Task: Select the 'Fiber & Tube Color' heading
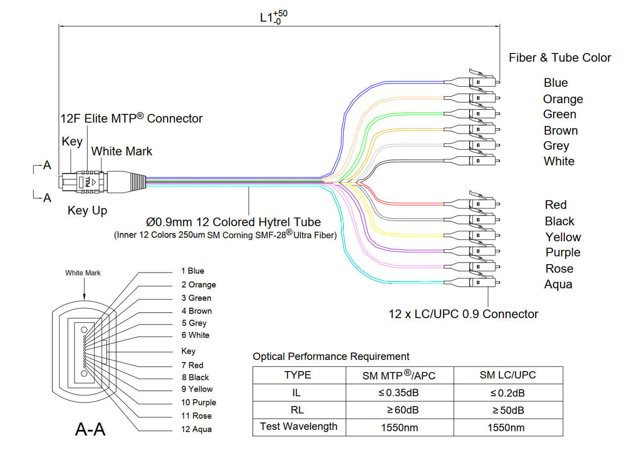(560, 58)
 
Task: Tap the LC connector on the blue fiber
(479, 82)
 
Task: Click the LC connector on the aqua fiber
(479, 282)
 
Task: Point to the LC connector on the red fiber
(479, 203)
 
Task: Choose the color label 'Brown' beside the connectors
(561, 130)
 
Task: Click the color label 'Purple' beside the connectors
(563, 252)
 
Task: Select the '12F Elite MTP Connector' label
(131, 119)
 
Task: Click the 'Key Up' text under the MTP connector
(87, 211)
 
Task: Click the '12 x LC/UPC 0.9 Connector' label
(463, 314)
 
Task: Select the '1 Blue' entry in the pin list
(192, 271)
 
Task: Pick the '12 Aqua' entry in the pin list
(196, 429)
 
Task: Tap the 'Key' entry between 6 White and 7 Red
(188, 351)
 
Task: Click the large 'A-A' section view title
(90, 428)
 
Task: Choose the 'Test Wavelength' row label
(298, 427)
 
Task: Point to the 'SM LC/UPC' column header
(507, 375)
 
